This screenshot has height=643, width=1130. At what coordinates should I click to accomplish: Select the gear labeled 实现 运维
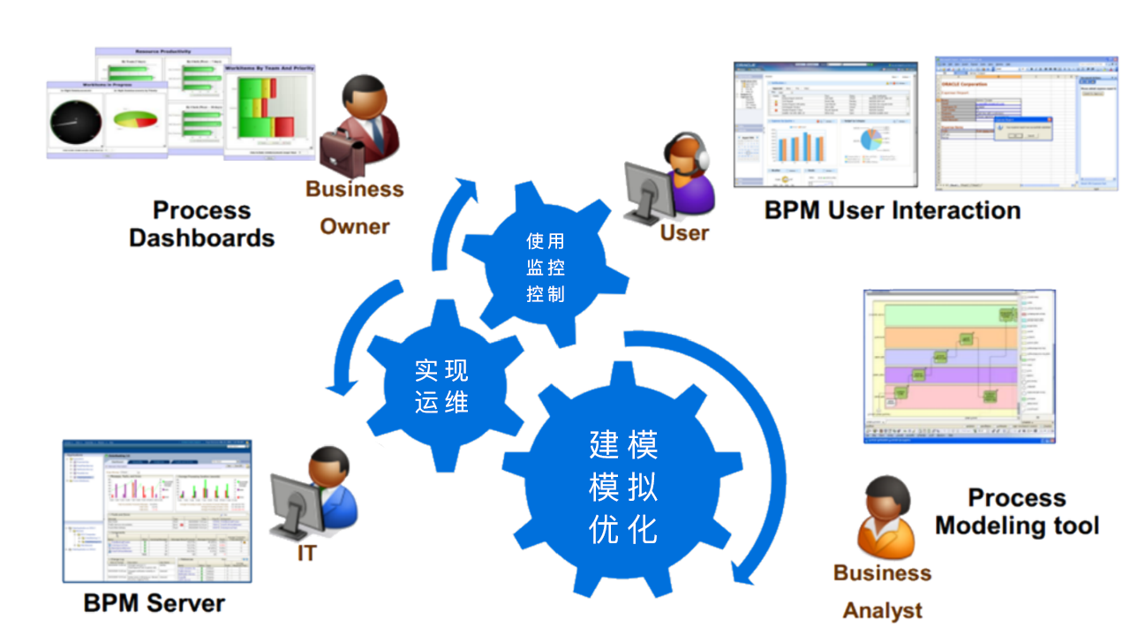[x=441, y=387]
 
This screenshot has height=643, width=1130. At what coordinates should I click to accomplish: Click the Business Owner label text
[x=354, y=207]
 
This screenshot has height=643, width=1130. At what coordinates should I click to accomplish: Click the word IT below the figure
[x=306, y=554]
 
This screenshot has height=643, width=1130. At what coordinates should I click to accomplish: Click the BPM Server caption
[x=154, y=603]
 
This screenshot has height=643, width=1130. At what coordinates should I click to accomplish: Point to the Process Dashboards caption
[x=201, y=224]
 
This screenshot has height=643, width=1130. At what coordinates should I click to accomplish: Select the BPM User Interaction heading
[x=893, y=211]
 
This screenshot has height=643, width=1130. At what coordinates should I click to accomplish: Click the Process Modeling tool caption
[x=1017, y=511]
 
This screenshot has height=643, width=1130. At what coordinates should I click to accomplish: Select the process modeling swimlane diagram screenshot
[x=958, y=365]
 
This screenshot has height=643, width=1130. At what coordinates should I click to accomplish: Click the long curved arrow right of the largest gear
[x=759, y=442]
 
